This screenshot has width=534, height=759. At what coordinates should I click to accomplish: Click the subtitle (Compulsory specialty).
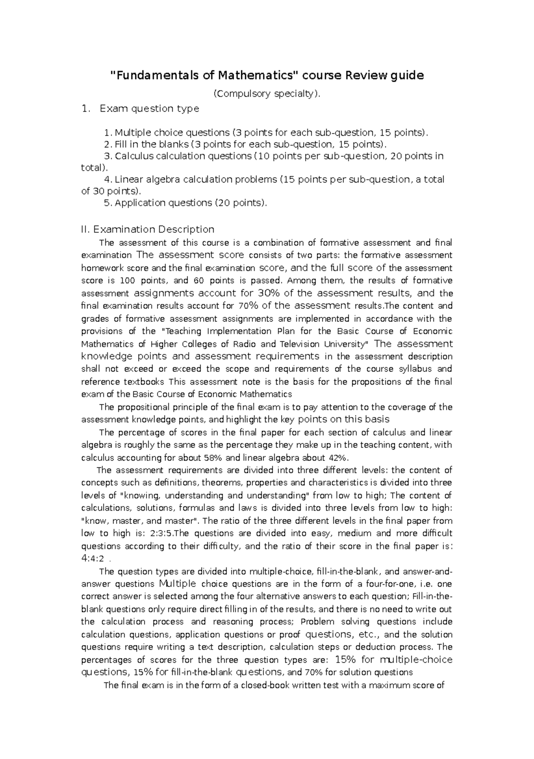click(x=267, y=93)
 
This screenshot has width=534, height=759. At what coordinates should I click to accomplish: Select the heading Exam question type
click(x=150, y=109)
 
